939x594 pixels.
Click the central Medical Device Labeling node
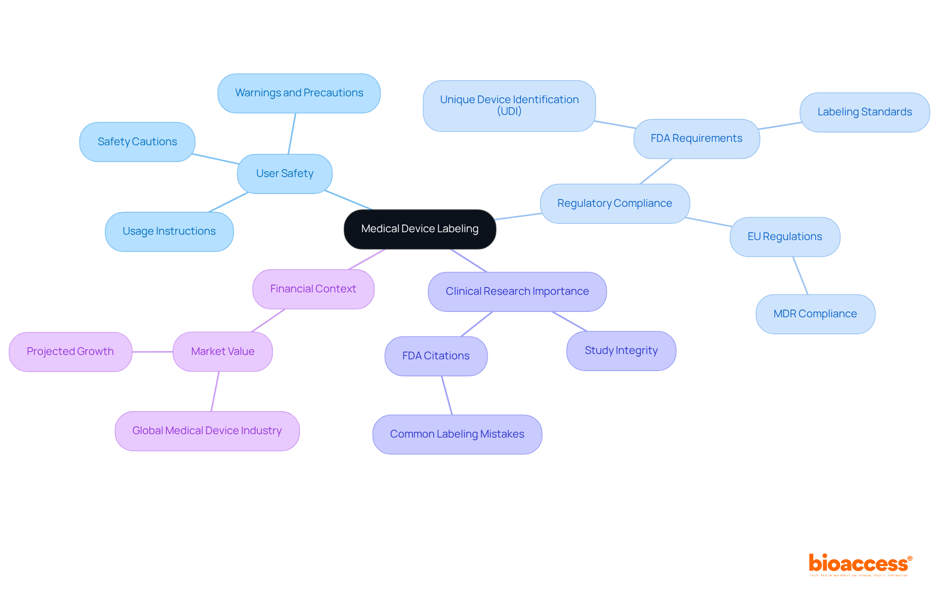[420, 229]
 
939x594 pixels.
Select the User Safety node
[285, 174]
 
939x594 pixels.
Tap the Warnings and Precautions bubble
[299, 93]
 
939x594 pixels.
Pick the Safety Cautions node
[137, 142]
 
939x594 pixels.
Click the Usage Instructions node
[169, 231]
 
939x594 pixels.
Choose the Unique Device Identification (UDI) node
[509, 106]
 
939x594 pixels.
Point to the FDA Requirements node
[696, 138]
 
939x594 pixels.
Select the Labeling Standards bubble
[864, 112]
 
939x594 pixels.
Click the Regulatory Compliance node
[614, 203]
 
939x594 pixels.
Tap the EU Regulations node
[784, 237]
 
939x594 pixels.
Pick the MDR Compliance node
[815, 314]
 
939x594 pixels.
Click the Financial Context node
[313, 289]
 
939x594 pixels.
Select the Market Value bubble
[223, 352]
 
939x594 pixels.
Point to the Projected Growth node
[70, 352]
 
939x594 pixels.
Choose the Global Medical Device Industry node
[207, 431]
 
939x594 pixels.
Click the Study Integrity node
[621, 351]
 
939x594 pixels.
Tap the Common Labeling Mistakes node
[457, 434]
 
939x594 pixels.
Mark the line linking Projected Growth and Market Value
[153, 352]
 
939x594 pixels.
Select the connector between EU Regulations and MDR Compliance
[800, 275]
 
